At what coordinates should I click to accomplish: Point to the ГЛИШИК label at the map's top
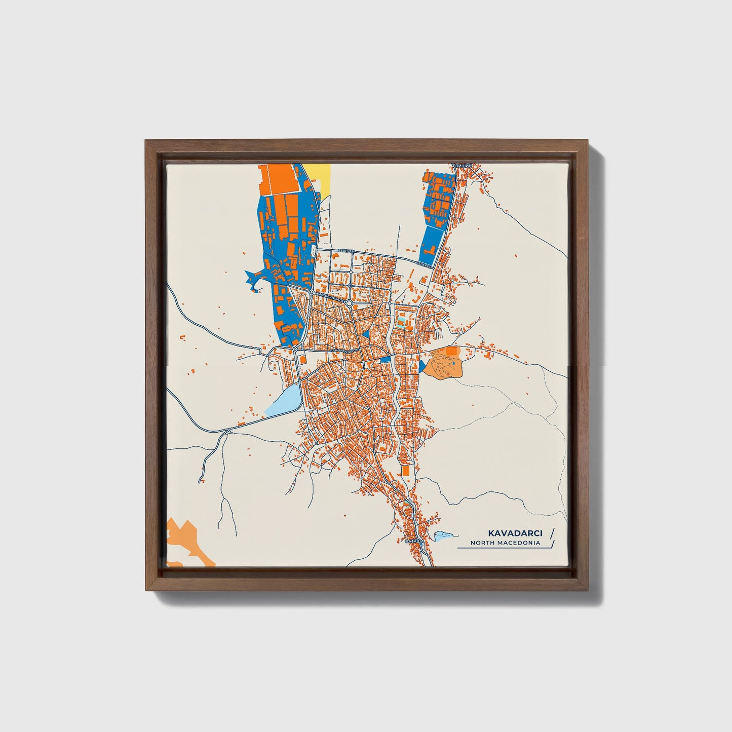(x=461, y=166)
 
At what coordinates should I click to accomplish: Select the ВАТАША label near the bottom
(x=413, y=542)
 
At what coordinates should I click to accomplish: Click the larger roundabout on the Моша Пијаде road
(x=349, y=302)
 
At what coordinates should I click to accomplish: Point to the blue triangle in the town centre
(x=366, y=334)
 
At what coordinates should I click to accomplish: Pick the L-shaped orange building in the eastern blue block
(x=432, y=249)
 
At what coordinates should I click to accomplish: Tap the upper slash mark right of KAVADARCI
(x=552, y=532)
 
